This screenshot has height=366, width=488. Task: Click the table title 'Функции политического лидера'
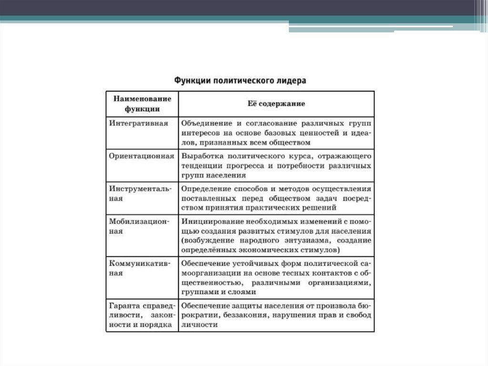(x=239, y=80)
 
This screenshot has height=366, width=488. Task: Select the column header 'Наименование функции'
(x=142, y=104)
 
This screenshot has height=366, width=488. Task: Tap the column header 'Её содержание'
(x=276, y=104)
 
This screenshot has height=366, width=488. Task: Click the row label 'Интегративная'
(x=139, y=123)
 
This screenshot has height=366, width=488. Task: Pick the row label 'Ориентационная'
(x=142, y=156)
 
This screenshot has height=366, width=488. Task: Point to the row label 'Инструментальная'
(x=140, y=193)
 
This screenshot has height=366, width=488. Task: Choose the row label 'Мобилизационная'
(x=139, y=226)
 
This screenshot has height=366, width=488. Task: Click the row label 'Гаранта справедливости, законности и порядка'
(x=142, y=315)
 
